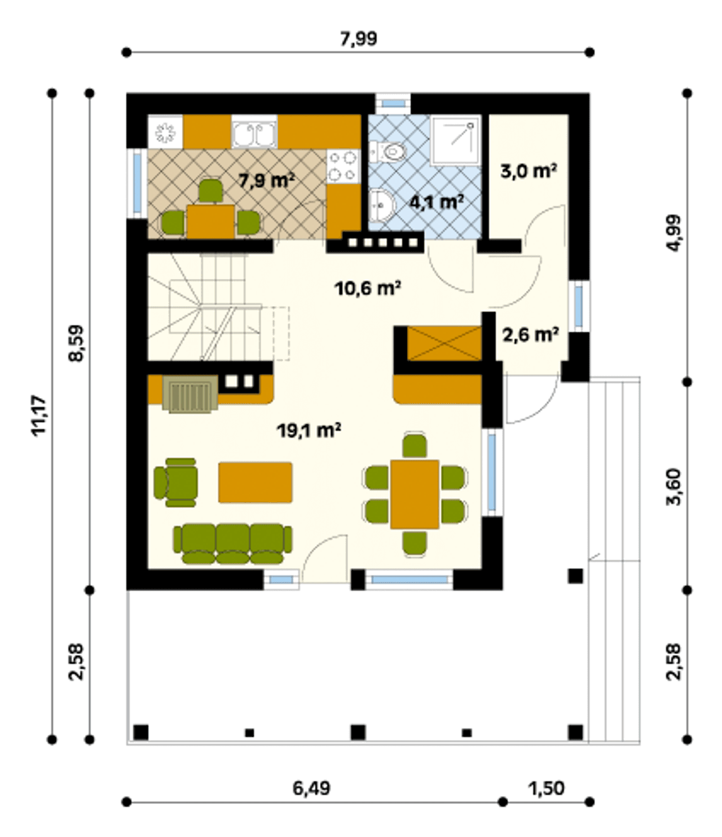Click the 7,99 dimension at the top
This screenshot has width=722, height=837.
359,39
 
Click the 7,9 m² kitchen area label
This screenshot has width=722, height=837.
266,180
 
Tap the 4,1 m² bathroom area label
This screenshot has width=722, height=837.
437,201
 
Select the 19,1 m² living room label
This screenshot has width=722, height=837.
309,430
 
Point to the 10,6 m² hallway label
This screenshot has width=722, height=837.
368,289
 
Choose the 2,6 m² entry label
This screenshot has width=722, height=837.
531,335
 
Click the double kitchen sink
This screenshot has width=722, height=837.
254,132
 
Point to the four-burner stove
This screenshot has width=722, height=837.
343,166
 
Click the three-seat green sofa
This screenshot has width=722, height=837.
232,544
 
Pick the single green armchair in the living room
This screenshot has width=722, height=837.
176,482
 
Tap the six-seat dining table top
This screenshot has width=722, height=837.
415,494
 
